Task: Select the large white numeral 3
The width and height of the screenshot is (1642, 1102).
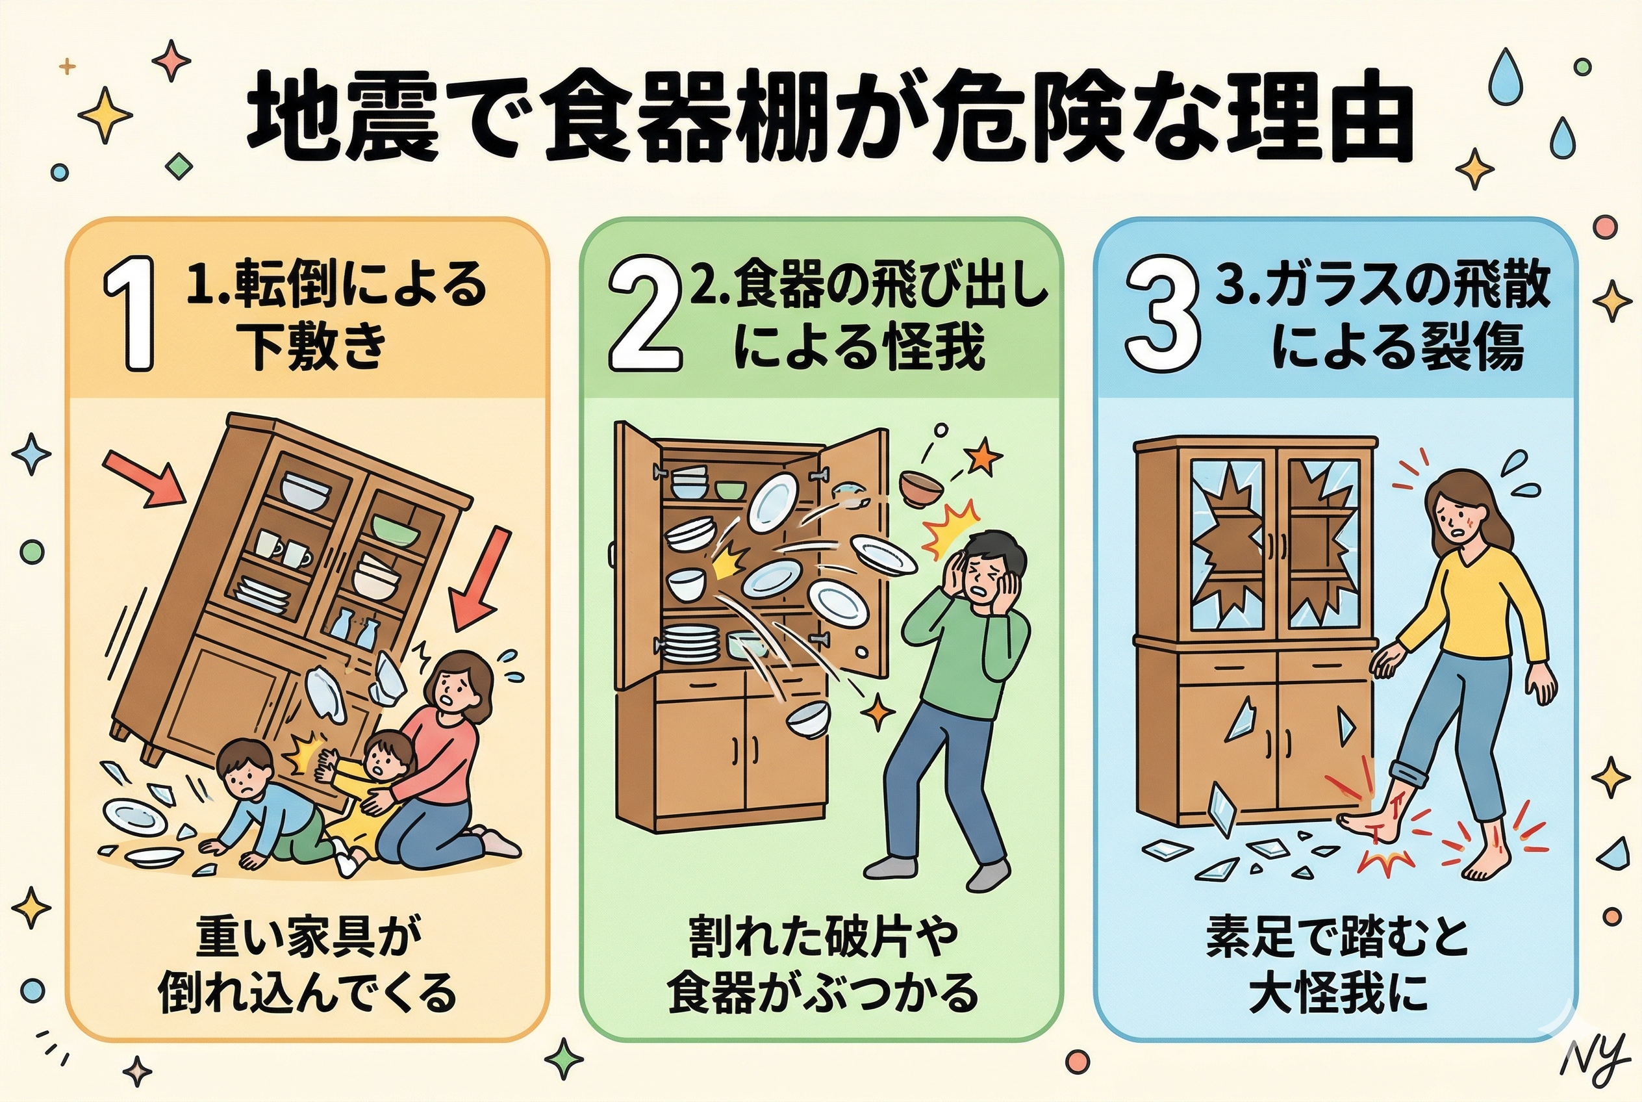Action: click(x=1161, y=313)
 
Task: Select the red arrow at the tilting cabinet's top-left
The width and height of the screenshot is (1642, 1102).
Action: click(x=145, y=478)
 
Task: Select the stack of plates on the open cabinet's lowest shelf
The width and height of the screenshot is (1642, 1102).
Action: click(x=690, y=644)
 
